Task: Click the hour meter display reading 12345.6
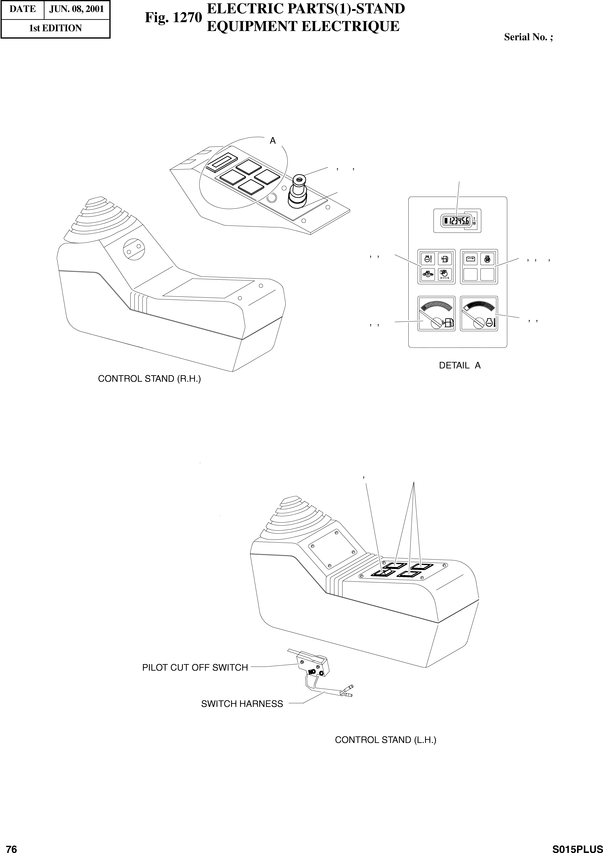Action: [455, 221]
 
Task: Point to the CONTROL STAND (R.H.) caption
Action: [149, 379]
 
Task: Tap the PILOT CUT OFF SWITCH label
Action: [195, 668]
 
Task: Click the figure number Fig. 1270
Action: [173, 17]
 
